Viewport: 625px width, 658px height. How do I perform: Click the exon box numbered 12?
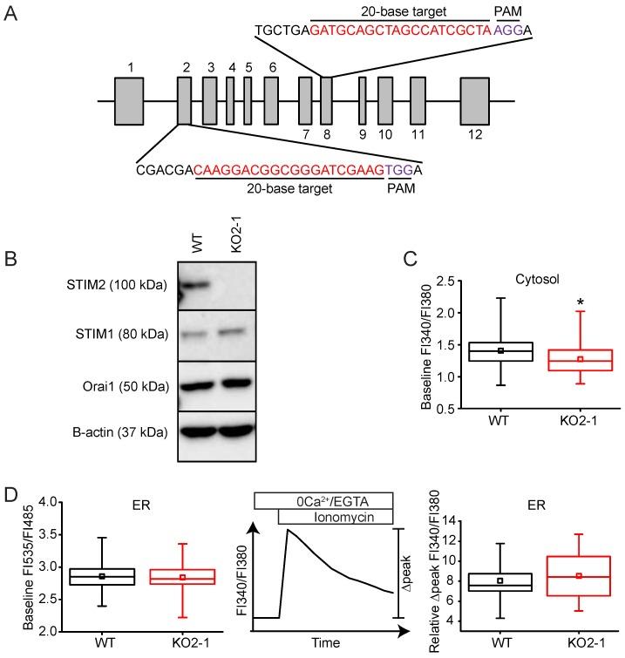click(475, 102)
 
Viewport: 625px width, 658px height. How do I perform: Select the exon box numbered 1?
click(129, 102)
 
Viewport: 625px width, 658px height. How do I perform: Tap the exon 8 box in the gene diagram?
click(327, 102)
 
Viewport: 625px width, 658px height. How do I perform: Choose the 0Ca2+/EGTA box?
click(323, 500)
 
